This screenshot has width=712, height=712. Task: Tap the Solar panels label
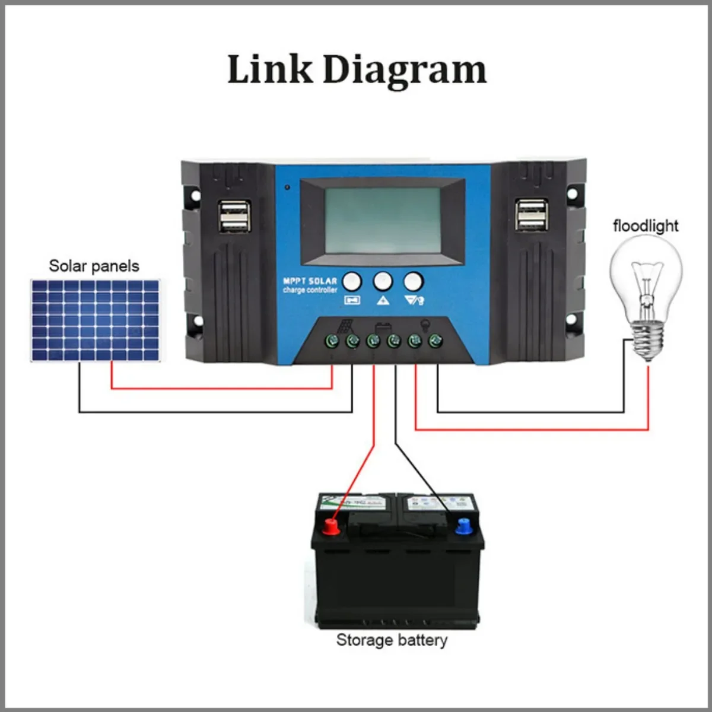(94, 266)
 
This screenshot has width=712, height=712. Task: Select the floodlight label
(645, 226)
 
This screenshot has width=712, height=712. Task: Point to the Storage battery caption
(392, 640)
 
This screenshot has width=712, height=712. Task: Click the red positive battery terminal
(330, 526)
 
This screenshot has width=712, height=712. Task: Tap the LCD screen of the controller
(382, 221)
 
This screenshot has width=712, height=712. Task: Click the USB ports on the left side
(234, 215)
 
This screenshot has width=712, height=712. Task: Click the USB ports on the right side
(531, 215)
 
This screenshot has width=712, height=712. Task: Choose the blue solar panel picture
(95, 320)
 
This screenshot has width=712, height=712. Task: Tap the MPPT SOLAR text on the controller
(310, 281)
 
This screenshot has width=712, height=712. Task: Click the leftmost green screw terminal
(332, 341)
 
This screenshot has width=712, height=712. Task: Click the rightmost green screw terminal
(436, 341)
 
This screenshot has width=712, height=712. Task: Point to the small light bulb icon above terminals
(425, 325)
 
